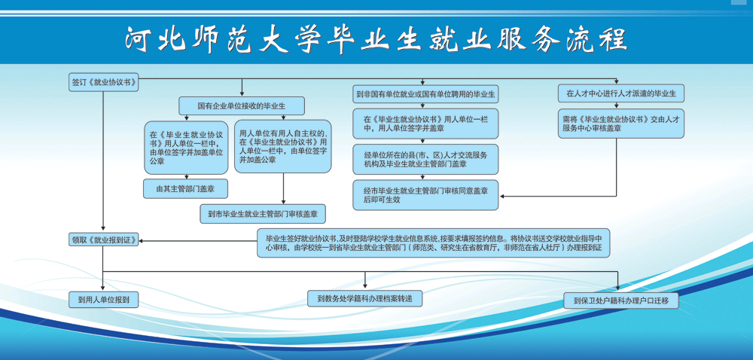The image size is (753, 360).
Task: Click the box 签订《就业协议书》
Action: [x=104, y=83]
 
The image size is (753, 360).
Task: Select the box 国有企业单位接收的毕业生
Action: [x=242, y=105]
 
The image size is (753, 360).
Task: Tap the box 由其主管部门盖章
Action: [x=185, y=188]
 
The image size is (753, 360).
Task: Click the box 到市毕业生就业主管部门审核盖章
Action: [x=263, y=214]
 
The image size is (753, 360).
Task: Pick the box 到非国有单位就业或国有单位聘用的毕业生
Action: [x=425, y=93]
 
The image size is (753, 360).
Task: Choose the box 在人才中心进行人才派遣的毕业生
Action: [x=621, y=93]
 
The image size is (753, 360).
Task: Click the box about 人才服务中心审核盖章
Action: [x=621, y=124]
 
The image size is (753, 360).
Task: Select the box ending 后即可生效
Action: [x=425, y=195]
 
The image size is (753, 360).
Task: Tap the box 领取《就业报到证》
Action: [x=104, y=239]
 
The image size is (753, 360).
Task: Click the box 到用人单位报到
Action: [x=104, y=300]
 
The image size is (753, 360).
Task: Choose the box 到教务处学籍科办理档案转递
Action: [x=365, y=298]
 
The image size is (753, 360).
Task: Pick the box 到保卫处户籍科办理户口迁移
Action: [x=621, y=301]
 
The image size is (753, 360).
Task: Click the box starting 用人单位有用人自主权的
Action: [x=283, y=146]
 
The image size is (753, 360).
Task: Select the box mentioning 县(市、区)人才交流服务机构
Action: [x=425, y=159]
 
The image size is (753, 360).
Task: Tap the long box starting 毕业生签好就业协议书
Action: [x=433, y=243]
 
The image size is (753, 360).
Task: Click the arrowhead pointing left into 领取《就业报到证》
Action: [x=142, y=240]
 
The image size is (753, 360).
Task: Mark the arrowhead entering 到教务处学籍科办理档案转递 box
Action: [x=365, y=288]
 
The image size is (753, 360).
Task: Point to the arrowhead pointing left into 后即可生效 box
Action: [x=501, y=196]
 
